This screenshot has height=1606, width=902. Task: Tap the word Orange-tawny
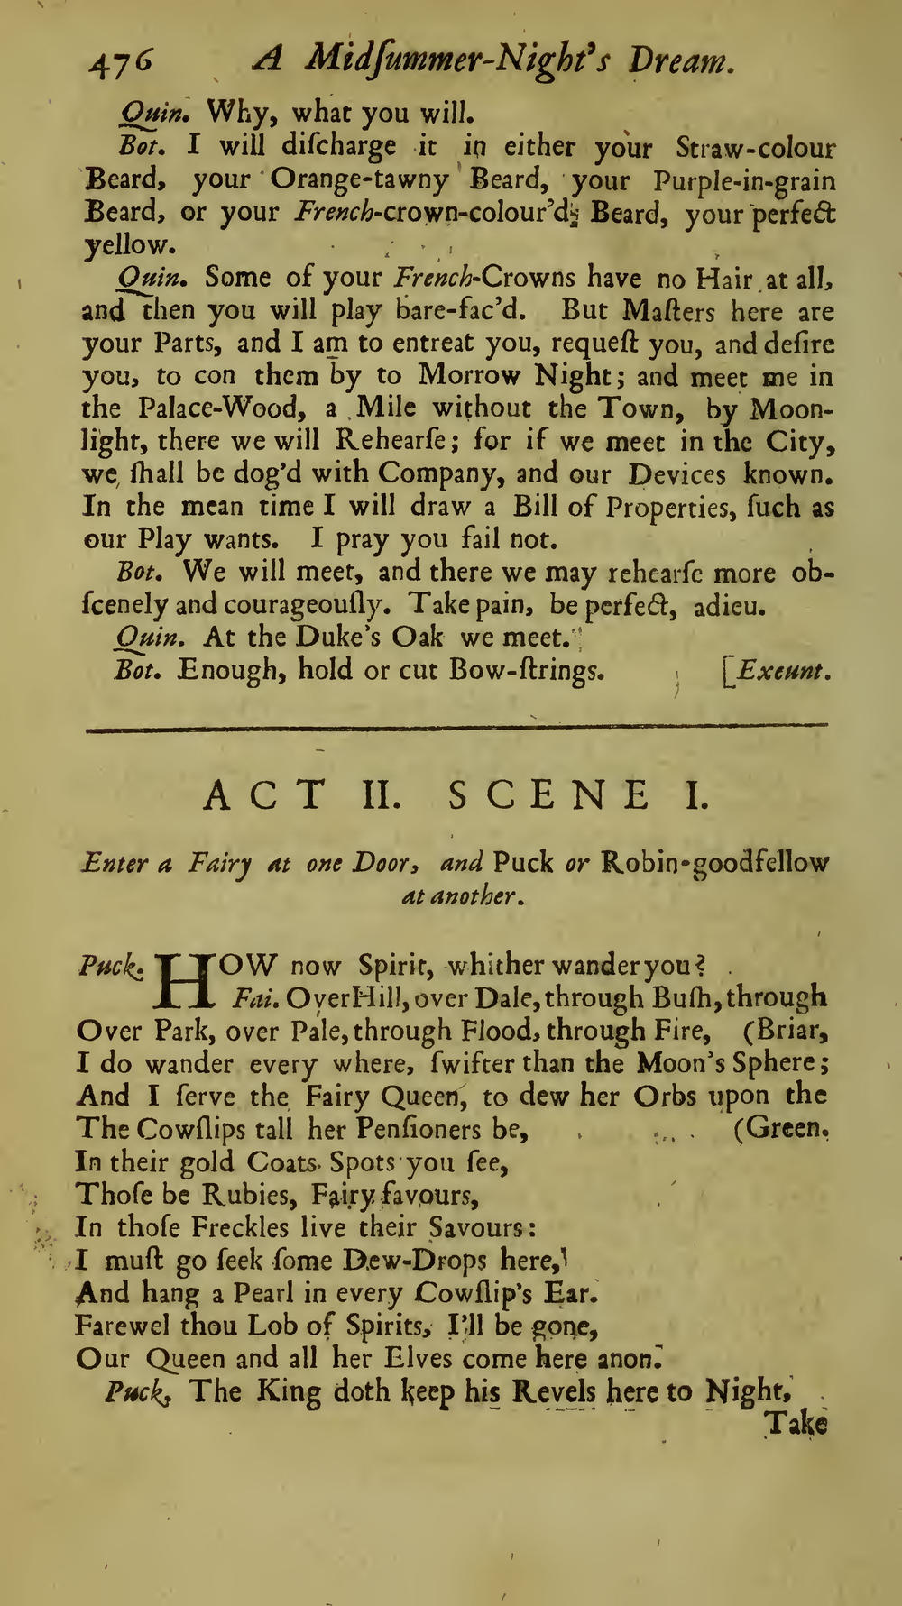[x=359, y=179]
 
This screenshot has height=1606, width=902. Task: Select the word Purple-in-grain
[x=745, y=179]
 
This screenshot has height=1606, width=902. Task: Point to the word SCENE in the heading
[x=548, y=795]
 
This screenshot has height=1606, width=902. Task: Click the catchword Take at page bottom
[x=795, y=1424]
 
